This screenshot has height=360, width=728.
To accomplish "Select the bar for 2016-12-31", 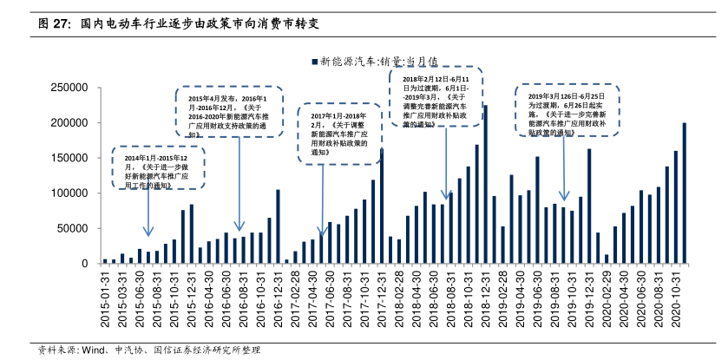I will [x=278, y=226].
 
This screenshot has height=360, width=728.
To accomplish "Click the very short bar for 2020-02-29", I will [x=607, y=259].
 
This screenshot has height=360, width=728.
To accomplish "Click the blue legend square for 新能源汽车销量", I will [x=315, y=62].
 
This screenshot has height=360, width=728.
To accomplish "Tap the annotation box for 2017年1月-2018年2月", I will [x=341, y=132].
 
